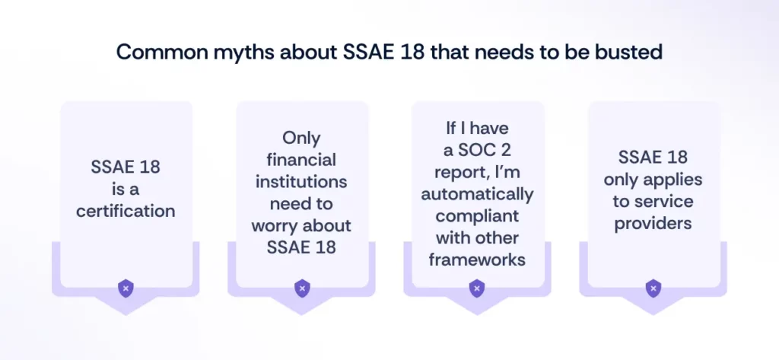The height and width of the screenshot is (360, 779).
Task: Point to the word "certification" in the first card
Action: coord(126,210)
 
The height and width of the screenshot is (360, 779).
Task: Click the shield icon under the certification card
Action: coord(126,288)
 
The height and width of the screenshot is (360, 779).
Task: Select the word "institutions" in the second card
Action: coord(302,183)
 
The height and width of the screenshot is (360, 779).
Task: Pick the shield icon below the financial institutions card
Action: coord(302,288)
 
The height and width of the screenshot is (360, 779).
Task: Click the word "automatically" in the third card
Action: coord(478,193)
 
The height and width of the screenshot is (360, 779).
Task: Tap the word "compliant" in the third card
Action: coord(477,215)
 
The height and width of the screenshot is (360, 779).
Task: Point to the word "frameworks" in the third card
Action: coord(477,259)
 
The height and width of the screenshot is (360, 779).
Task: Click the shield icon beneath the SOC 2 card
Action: coord(477,288)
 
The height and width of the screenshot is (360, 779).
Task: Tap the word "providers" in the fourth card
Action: coord(653,224)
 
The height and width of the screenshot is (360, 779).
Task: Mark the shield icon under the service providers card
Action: coord(653,288)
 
